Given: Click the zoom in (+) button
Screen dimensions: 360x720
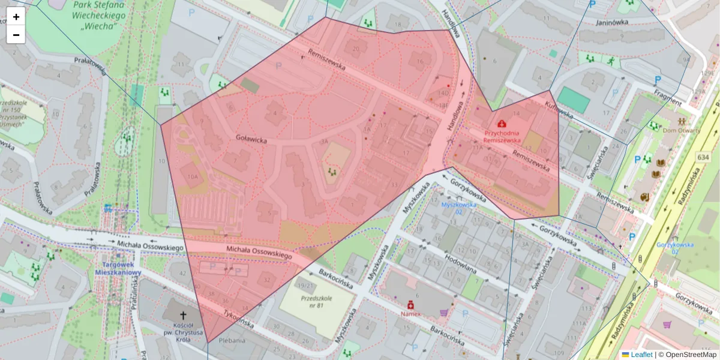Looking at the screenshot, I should click(16, 17).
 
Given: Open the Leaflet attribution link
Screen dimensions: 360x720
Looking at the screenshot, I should click(641, 355).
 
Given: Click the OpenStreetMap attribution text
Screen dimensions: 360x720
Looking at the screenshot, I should click(691, 355).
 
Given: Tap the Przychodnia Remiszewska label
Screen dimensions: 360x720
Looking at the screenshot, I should click(502, 136).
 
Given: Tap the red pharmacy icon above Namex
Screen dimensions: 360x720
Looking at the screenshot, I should click(411, 304).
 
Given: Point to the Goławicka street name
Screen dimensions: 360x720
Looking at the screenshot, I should click(250, 140).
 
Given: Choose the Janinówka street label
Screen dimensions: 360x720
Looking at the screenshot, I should click(612, 23).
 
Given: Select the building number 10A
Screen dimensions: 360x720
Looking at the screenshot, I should click(192, 177).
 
